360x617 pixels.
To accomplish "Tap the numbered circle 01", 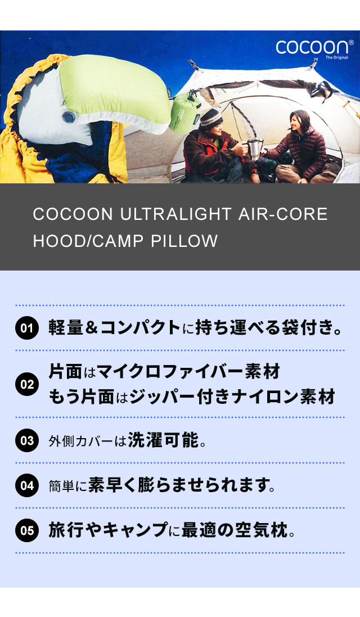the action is (x=27, y=328).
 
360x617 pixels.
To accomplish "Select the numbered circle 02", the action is (x=27, y=384).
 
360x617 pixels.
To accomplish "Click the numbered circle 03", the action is (x=27, y=440).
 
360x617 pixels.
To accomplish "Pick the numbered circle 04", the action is (x=27, y=485).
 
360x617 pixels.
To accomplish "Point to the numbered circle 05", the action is (x=27, y=530).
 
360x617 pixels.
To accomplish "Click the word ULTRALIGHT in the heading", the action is (x=175, y=214).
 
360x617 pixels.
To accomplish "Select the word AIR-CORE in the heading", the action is (x=283, y=214).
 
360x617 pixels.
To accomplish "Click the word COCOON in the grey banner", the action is (x=73, y=214).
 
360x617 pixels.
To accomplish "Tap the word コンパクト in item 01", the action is (x=141, y=328).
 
